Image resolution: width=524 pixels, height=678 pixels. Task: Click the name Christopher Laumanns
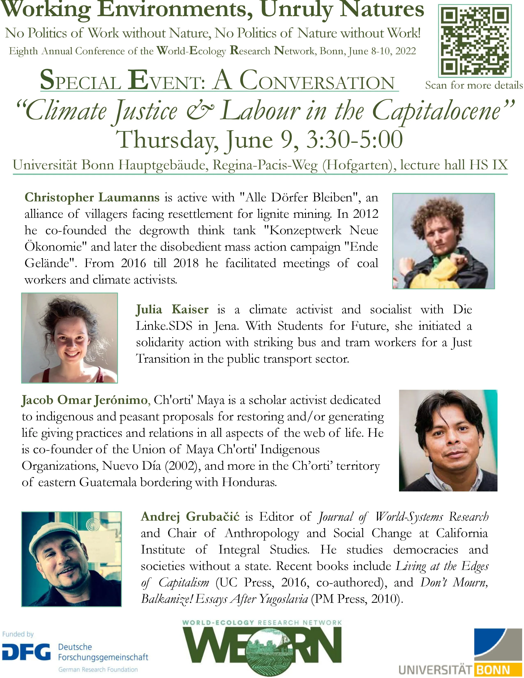92,197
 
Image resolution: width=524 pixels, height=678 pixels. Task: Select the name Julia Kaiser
172,309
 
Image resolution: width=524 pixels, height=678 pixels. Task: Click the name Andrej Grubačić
190,517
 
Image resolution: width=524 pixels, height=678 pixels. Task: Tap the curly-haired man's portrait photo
443,241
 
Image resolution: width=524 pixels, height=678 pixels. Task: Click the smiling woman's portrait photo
69,338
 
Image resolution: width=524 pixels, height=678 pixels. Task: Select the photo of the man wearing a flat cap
71,559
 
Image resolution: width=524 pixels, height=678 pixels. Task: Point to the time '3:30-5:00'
354,140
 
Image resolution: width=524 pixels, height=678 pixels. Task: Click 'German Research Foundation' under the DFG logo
98,670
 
